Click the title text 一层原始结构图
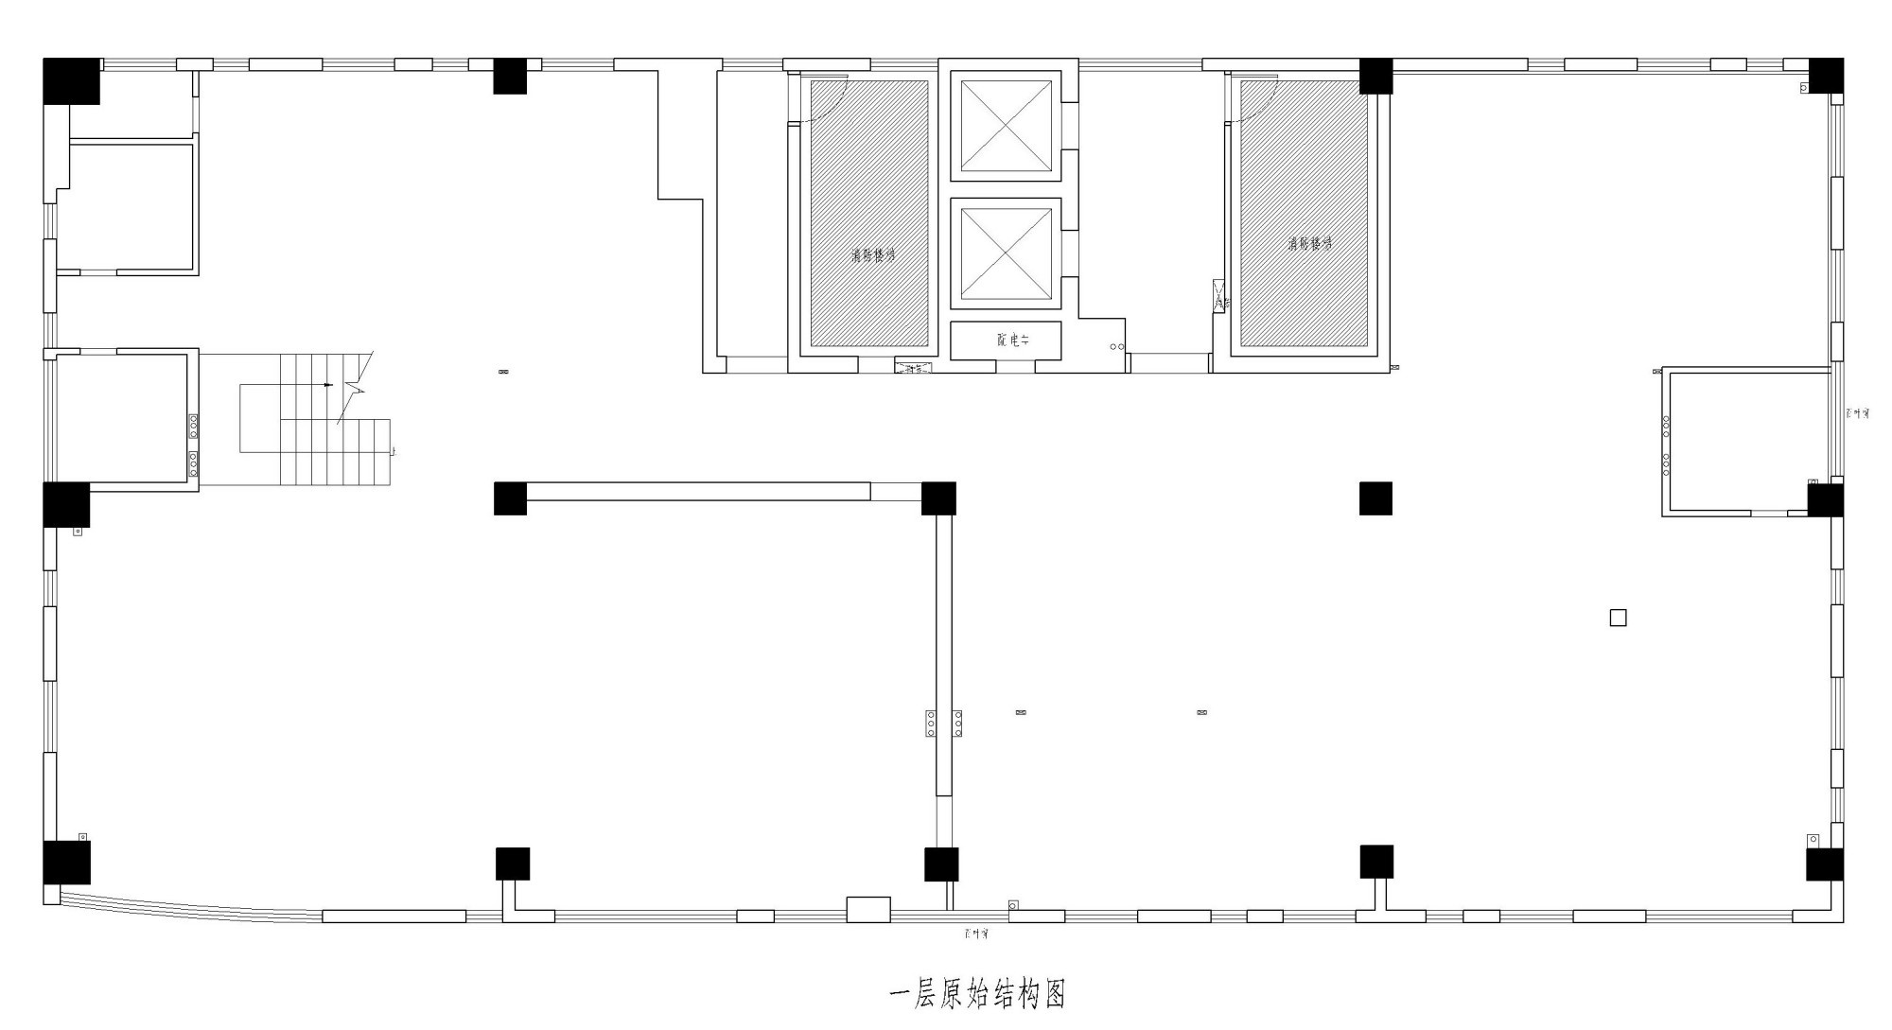[x=978, y=994]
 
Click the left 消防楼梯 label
[x=871, y=255]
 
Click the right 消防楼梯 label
[x=1308, y=243]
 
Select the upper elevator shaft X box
[x=1006, y=126]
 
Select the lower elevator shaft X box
[x=1006, y=253]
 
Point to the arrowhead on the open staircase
[x=327, y=385]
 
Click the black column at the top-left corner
[x=71, y=81]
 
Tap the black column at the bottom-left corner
[x=66, y=862]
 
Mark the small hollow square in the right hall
[x=1618, y=618]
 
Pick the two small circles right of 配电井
[x=1117, y=347]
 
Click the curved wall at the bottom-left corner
[x=180, y=906]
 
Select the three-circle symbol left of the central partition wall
[x=931, y=724]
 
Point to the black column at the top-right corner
[x=1826, y=76]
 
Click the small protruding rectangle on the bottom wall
[x=867, y=909]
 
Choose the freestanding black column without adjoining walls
[x=1375, y=498]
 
